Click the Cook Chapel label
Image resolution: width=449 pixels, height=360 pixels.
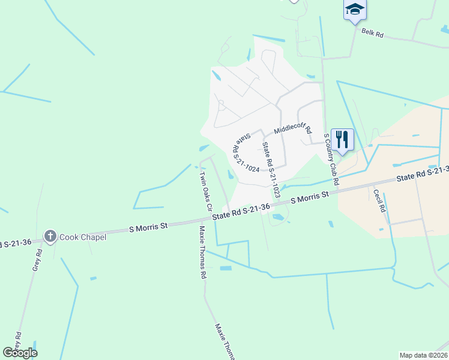(x=83, y=237)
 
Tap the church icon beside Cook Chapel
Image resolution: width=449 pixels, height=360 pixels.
(x=50, y=236)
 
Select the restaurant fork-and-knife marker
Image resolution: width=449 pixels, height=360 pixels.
(x=342, y=139)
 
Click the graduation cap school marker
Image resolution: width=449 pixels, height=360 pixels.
(x=354, y=9)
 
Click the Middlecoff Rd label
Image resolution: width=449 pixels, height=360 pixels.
(x=293, y=129)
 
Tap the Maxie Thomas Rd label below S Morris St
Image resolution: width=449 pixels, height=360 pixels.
(x=203, y=252)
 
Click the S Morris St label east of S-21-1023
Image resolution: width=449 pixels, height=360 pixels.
(x=310, y=197)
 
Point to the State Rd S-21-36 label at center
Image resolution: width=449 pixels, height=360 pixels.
(x=240, y=210)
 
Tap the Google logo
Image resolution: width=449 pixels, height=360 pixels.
(x=20, y=353)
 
